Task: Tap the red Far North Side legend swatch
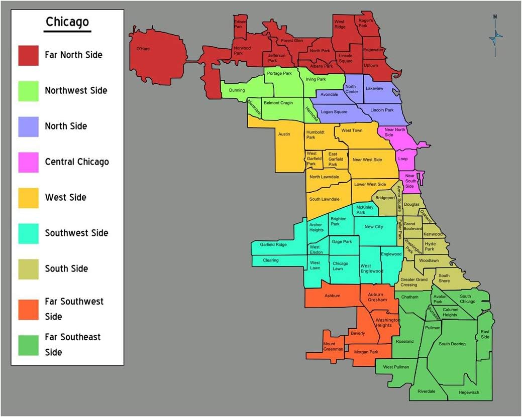[29, 55]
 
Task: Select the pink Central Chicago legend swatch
[29, 162]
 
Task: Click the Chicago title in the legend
[67, 22]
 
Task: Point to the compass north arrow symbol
[495, 36]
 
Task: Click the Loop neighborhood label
[403, 159]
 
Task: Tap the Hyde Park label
[430, 246]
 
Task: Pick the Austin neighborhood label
[284, 134]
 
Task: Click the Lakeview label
[374, 88]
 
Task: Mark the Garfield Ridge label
[273, 245]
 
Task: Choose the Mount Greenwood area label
[333, 346]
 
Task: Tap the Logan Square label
[334, 112]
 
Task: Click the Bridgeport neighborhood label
[385, 198]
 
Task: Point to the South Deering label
[452, 344]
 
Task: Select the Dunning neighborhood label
[237, 90]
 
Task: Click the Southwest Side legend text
[76, 233]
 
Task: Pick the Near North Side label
[395, 132]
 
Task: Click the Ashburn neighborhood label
[332, 296]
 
